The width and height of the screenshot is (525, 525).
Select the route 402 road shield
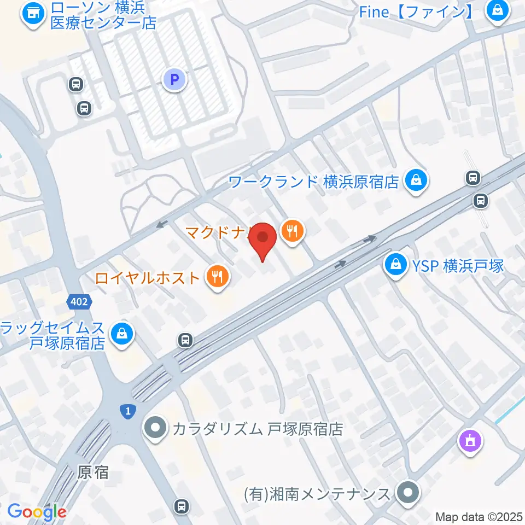80,301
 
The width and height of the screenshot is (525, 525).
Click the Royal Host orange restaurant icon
217,278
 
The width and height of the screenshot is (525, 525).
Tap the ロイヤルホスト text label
147,278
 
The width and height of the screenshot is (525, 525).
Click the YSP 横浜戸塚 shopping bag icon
395,266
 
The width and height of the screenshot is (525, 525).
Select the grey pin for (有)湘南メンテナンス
407,493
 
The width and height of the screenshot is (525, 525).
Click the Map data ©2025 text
479,516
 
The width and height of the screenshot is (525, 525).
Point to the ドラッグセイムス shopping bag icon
121,335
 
